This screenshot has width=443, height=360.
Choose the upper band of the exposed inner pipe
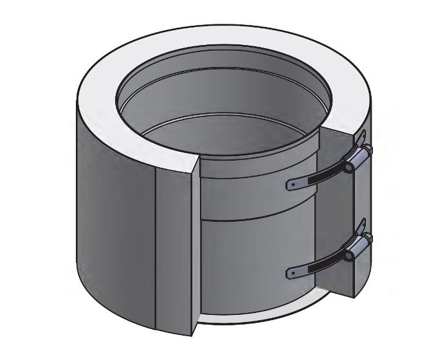click(257, 186)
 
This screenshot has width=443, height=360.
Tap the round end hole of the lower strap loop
click(348, 255)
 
